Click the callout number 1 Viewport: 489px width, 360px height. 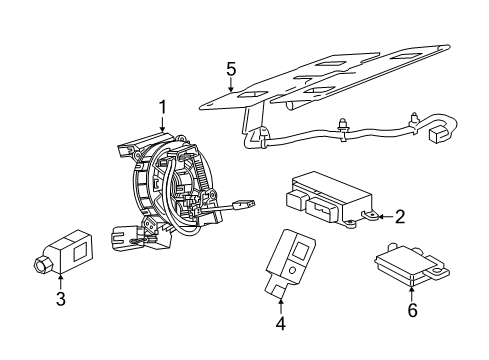(x=160, y=107)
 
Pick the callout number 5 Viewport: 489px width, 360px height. (x=230, y=70)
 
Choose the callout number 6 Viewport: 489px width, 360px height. (x=411, y=311)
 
